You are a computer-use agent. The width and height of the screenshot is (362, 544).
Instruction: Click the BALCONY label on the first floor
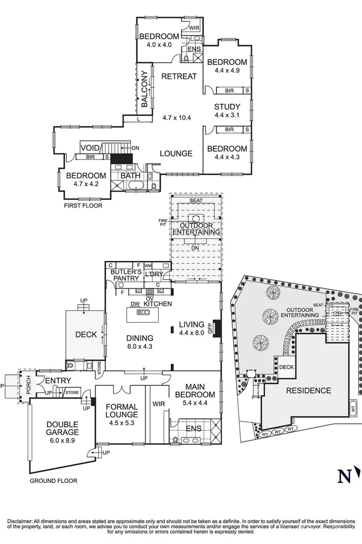point(144,89)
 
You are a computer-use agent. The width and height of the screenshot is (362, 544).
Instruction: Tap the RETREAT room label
point(179,76)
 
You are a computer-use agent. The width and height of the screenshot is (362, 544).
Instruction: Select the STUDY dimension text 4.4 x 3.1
point(227,115)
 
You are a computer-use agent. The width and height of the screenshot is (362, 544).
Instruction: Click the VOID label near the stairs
point(89,148)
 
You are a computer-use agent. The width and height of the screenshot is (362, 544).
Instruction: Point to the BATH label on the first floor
point(131,175)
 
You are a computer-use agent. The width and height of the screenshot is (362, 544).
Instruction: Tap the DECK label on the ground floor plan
point(86,335)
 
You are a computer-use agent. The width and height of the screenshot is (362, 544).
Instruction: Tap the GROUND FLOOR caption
point(54,481)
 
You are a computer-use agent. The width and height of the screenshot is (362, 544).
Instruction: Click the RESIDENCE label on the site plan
point(308,390)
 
